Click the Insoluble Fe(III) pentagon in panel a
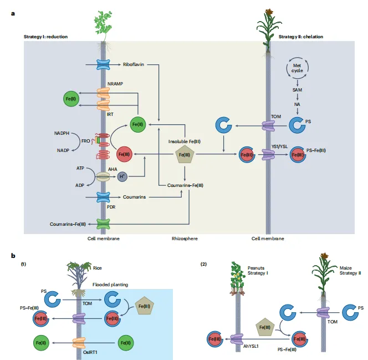(x=184, y=155)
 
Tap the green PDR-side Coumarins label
(x=135, y=197)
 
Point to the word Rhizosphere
(x=184, y=239)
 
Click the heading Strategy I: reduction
(x=45, y=37)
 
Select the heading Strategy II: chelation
(x=301, y=37)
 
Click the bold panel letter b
(x=13, y=255)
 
